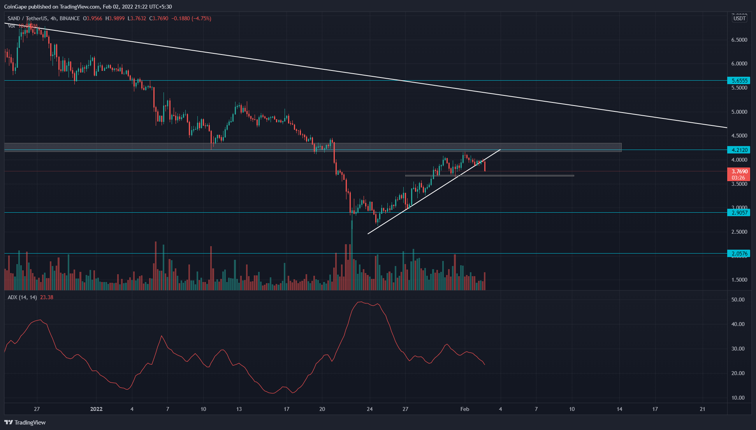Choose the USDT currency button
739,18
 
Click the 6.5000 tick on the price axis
739,40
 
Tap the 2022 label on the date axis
96,409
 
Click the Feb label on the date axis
464,409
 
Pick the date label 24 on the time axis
369,409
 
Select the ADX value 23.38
47,297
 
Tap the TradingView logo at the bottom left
25,422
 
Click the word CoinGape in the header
17,7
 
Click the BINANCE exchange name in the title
70,18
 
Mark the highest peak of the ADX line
360,302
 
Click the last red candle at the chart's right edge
485,166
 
